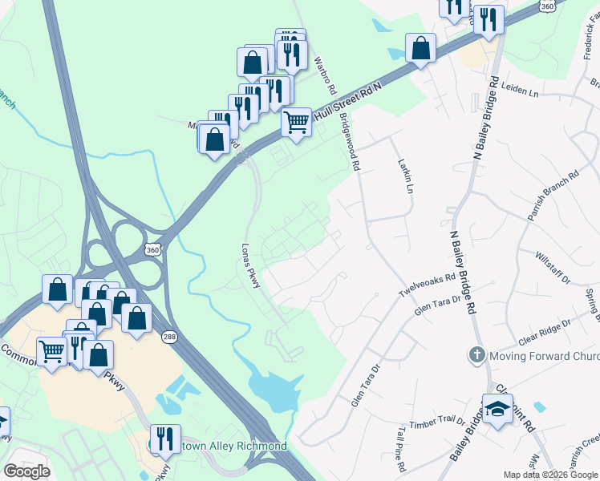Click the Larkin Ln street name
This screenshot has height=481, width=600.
(405, 176)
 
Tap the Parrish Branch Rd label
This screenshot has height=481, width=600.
(553, 195)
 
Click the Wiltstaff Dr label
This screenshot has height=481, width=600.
(553, 268)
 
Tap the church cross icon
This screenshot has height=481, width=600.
(476, 354)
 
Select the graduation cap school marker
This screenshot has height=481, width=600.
(497, 409)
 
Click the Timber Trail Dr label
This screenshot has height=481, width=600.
(437, 420)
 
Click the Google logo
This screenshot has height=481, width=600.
(26, 471)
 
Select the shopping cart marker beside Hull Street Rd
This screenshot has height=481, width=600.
(297, 122)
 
